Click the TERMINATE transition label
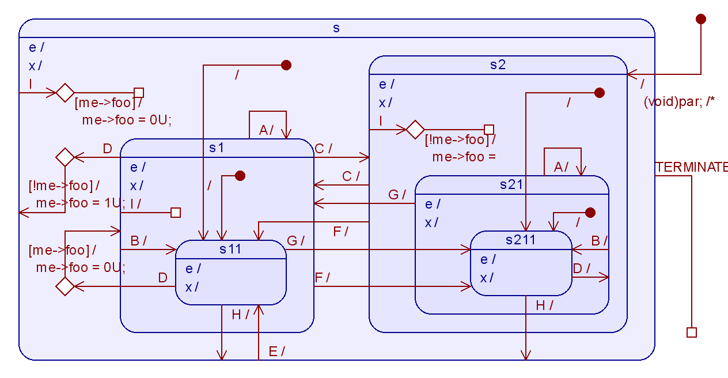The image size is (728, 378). (691, 167)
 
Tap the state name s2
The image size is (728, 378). (498, 65)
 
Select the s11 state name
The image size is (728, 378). (230, 249)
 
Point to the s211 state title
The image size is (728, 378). (521, 240)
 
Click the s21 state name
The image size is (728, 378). (511, 184)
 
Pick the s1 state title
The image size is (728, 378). (217, 148)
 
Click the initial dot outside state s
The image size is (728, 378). (700, 19)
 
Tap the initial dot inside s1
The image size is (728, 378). (240, 176)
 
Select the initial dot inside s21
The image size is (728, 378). (590, 213)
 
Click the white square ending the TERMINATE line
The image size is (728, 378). (692, 332)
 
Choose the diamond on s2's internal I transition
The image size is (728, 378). (415, 130)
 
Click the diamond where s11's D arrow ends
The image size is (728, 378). (65, 286)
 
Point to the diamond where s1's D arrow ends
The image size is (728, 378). (65, 157)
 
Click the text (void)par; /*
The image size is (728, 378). (678, 102)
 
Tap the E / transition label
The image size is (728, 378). (277, 351)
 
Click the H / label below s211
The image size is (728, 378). (544, 305)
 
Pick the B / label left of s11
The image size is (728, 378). (139, 240)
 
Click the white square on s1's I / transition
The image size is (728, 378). (176, 213)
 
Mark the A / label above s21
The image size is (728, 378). (561, 167)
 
